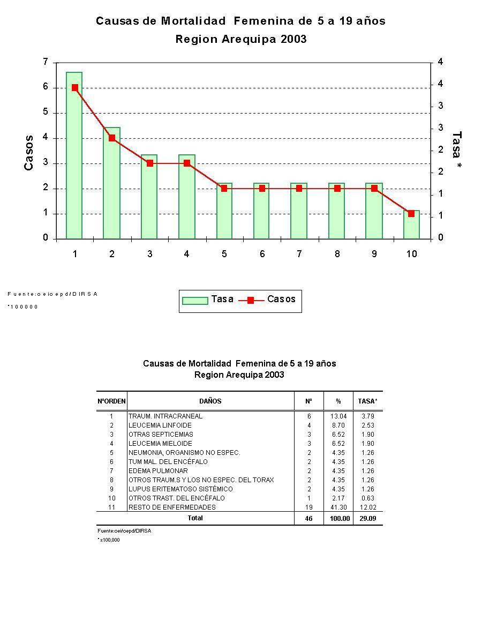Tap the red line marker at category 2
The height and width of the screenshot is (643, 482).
pyautogui.click(x=112, y=138)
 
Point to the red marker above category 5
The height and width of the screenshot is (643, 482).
pyautogui.click(x=224, y=189)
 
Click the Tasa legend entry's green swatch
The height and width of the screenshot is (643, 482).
pyautogui.click(x=195, y=300)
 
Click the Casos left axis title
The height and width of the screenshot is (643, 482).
pyautogui.click(x=29, y=153)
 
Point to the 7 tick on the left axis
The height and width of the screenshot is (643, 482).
pyautogui.click(x=46, y=62)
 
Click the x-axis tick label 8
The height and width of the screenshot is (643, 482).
pyautogui.click(x=337, y=254)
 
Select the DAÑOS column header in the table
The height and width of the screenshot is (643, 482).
pyautogui.click(x=210, y=401)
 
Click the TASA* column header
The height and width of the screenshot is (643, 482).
pyautogui.click(x=367, y=401)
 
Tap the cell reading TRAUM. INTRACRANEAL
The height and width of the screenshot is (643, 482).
pyautogui.click(x=165, y=416)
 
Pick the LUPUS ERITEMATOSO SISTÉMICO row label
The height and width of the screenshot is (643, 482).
pyautogui.click(x=180, y=489)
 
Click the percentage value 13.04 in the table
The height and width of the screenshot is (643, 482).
pyautogui.click(x=338, y=416)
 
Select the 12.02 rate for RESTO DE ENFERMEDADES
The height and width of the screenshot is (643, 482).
pyautogui.click(x=367, y=507)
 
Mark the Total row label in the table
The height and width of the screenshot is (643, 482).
pyautogui.click(x=195, y=518)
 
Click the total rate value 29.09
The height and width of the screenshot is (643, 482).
pyautogui.click(x=367, y=519)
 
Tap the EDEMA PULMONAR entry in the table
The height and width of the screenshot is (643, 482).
pyautogui.click(x=158, y=471)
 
